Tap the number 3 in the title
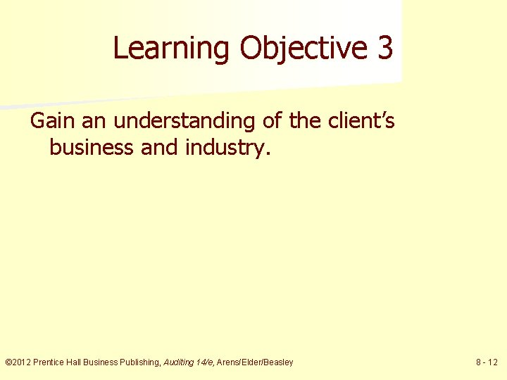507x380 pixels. [x=384, y=48]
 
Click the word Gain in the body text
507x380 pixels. [x=53, y=121]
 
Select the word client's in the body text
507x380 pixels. [x=360, y=121]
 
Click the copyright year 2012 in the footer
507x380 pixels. [x=22, y=362]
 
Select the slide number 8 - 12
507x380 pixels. [x=487, y=362]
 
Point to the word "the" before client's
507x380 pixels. [x=304, y=121]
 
